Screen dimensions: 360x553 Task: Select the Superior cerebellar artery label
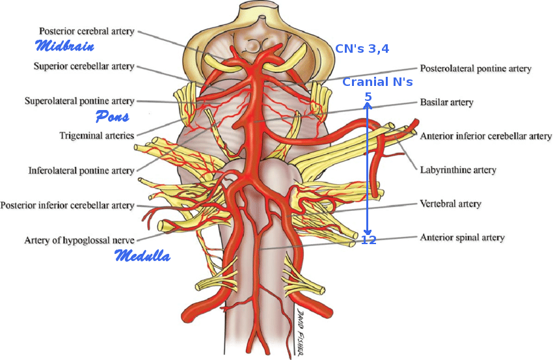pyautogui.click(x=83, y=66)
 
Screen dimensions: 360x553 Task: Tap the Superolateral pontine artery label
pyautogui.click(x=79, y=101)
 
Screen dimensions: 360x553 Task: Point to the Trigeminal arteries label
pyautogui.click(x=98, y=135)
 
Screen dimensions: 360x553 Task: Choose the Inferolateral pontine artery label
pyautogui.click(x=81, y=171)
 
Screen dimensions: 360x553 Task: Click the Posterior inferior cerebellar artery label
pyautogui.click(x=67, y=206)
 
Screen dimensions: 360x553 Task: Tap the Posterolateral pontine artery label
pyautogui.click(x=476, y=68)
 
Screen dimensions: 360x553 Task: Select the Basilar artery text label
pyautogui.click(x=446, y=102)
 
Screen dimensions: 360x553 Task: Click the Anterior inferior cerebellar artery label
pyautogui.click(x=486, y=136)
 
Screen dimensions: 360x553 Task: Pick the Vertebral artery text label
pyautogui.click(x=450, y=204)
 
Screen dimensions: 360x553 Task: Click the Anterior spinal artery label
pyautogui.click(x=462, y=238)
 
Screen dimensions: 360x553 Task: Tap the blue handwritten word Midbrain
pyautogui.click(x=64, y=46)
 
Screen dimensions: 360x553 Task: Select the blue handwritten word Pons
pyautogui.click(x=112, y=117)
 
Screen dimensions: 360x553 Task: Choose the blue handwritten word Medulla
pyautogui.click(x=142, y=256)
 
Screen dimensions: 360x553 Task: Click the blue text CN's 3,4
pyautogui.click(x=362, y=49)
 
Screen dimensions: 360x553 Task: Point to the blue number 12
pyautogui.click(x=368, y=240)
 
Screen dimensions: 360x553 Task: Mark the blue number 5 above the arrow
pyautogui.click(x=368, y=97)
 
